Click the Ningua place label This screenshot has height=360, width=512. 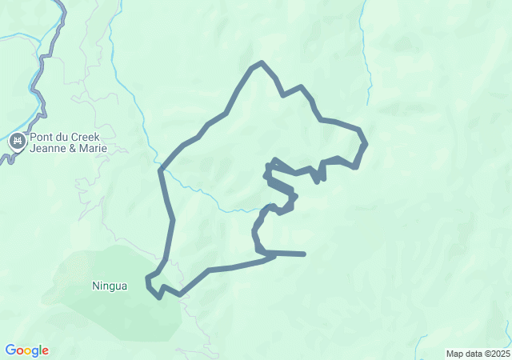110,286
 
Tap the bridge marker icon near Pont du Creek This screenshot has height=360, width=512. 17,142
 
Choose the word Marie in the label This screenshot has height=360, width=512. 94,148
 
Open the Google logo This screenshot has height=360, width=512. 26,350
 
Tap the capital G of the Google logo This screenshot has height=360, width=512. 10,350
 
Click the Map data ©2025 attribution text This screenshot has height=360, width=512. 478,354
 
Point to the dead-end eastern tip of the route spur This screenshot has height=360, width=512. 304,254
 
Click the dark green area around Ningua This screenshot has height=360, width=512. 140,308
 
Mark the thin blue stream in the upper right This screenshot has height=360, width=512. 366,56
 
